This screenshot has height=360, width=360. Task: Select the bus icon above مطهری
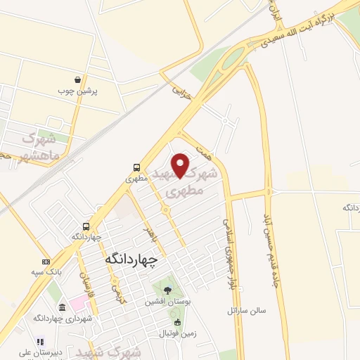click(x=137, y=167)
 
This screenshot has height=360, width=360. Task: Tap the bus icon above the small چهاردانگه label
click(x=86, y=226)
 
